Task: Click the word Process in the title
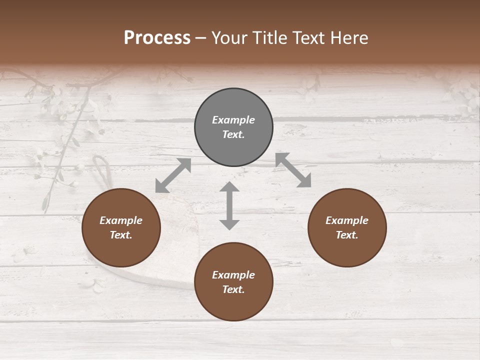pyautogui.click(x=157, y=38)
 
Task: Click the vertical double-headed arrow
pyautogui.click(x=229, y=205)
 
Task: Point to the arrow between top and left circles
pyautogui.click(x=173, y=175)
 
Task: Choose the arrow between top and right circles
pyautogui.click(x=293, y=170)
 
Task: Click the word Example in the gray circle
pyautogui.click(x=233, y=120)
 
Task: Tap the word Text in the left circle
pyautogui.click(x=121, y=235)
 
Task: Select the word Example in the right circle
pyautogui.click(x=347, y=220)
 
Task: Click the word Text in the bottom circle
pyautogui.click(x=233, y=289)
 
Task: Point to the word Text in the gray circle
pyautogui.click(x=233, y=134)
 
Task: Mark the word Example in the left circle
pyautogui.click(x=121, y=220)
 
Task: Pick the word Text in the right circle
pyautogui.click(x=347, y=235)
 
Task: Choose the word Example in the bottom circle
pyautogui.click(x=233, y=275)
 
